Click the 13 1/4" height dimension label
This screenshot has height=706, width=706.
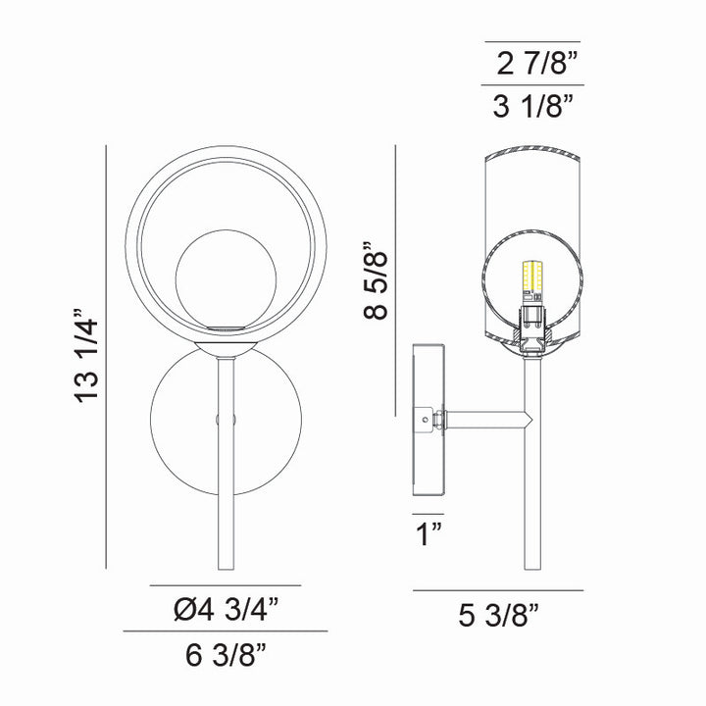(x=86, y=358)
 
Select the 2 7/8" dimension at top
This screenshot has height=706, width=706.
(x=534, y=66)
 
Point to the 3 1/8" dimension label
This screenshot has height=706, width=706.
(x=533, y=107)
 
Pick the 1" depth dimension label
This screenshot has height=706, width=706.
(x=428, y=534)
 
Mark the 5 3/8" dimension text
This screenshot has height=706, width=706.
(x=499, y=615)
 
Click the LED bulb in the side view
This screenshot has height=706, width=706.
(x=532, y=279)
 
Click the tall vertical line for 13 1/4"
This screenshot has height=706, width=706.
(x=105, y=358)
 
